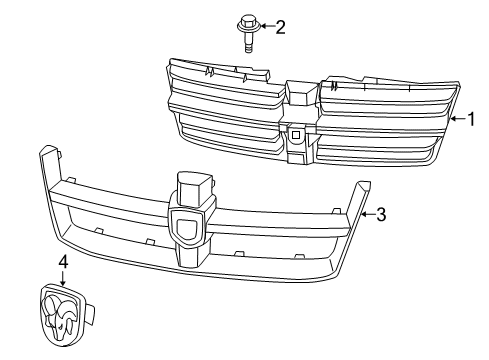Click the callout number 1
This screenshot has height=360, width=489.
pyautogui.click(x=473, y=119)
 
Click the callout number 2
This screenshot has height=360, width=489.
pyautogui.click(x=280, y=26)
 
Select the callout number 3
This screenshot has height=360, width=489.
pyautogui.click(x=381, y=213)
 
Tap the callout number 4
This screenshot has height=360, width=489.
pyautogui.click(x=62, y=262)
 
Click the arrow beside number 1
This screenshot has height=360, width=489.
pyautogui.click(x=458, y=119)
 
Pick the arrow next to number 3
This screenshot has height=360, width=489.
pyautogui.click(x=367, y=213)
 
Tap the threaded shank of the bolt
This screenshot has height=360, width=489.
pyautogui.click(x=246, y=40)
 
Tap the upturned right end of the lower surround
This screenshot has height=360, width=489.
pyautogui.click(x=361, y=191)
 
